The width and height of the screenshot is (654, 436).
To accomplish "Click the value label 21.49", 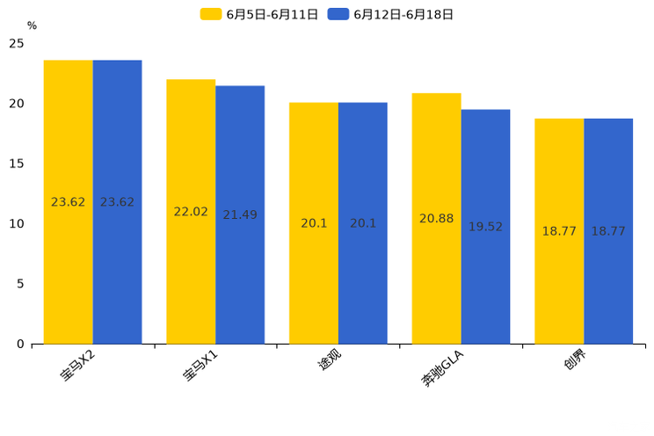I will tap(240, 215).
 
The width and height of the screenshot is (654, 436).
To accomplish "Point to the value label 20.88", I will tap(436, 219).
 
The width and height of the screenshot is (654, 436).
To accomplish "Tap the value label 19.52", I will tap(485, 227).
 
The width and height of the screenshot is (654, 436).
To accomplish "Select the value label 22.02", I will tap(191, 212).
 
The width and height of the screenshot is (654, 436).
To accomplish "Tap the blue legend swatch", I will tap(338, 14).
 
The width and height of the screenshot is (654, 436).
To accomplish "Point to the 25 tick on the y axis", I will tap(17, 43).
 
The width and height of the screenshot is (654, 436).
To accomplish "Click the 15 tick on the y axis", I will tap(17, 163).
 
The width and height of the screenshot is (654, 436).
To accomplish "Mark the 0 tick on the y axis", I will tap(20, 344).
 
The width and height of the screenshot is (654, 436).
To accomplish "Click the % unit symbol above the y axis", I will tap(32, 26).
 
